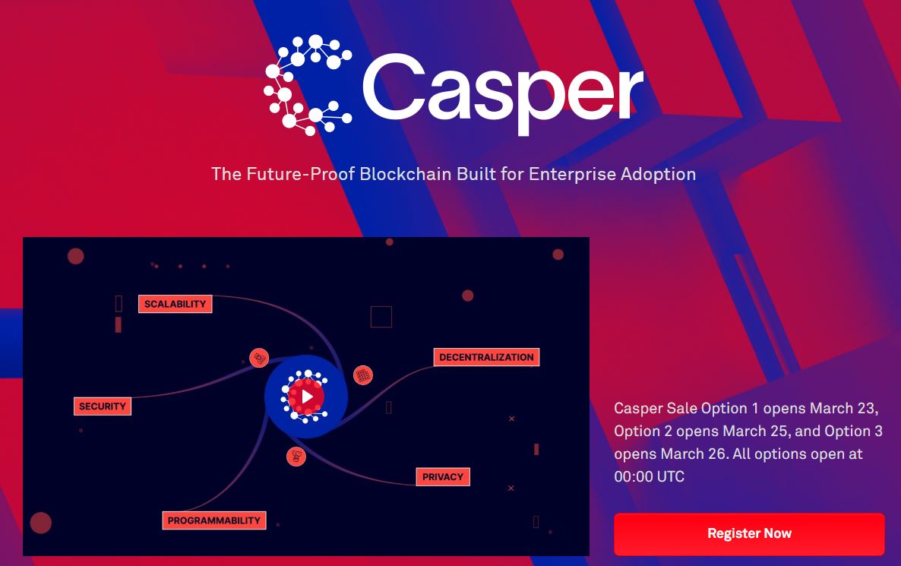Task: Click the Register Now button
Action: pyautogui.click(x=749, y=534)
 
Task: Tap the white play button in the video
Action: pyautogui.click(x=307, y=397)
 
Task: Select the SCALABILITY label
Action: pyautogui.click(x=175, y=304)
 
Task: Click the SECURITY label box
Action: pyautogui.click(x=103, y=406)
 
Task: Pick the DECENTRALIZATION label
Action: pyautogui.click(x=486, y=357)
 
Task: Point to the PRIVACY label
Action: pyautogui.click(x=442, y=477)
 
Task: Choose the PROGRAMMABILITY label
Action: pyautogui.click(x=213, y=520)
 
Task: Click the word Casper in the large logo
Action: pyautogui.click(x=502, y=91)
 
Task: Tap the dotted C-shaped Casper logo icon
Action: pyautogui.click(x=308, y=85)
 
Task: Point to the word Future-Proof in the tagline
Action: pyautogui.click(x=301, y=174)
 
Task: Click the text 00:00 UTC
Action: pyautogui.click(x=650, y=476)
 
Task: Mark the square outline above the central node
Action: pyautogui.click(x=381, y=317)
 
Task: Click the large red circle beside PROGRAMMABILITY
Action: pyautogui.click(x=41, y=523)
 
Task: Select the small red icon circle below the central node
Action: pyautogui.click(x=296, y=457)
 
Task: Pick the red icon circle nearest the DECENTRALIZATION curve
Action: pyautogui.click(x=362, y=375)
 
